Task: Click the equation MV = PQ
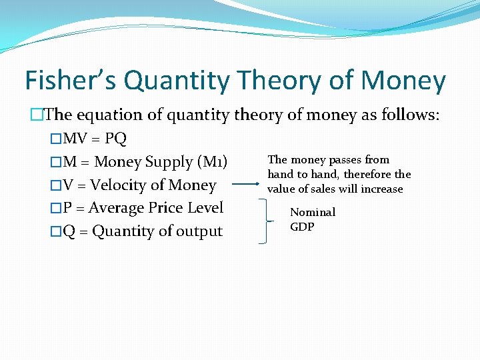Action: coord(95,139)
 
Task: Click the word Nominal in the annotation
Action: coord(313,213)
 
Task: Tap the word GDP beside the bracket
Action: coord(302,227)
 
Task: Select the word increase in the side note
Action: coord(381,189)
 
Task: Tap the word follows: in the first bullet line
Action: coord(409,115)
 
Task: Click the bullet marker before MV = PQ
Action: coord(56,139)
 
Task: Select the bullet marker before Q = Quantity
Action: coord(56,232)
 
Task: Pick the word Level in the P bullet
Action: coord(205,208)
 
